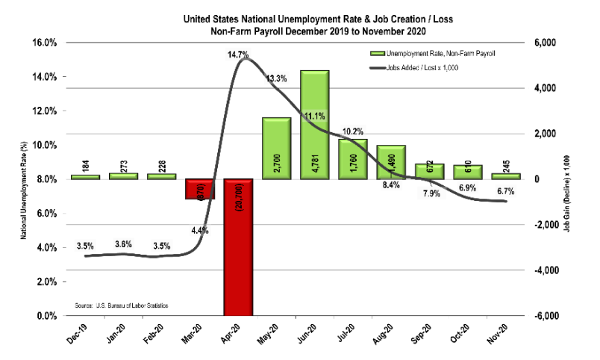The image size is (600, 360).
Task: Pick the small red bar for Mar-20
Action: click(x=199, y=189)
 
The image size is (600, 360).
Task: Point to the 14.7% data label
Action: click(x=239, y=55)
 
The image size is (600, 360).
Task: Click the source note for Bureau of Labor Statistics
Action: click(x=122, y=306)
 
